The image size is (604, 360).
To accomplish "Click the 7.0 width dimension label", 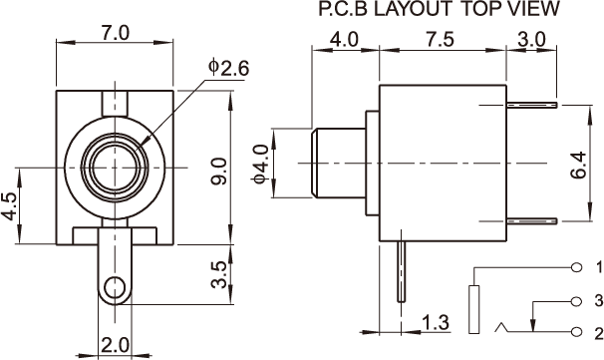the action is (x=116, y=33).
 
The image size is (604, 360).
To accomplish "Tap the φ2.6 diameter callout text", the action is (x=229, y=68).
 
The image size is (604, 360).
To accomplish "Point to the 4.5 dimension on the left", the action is (x=11, y=206).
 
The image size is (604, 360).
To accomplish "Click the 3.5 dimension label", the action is (x=218, y=275).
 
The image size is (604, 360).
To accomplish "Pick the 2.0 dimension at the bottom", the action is (x=115, y=345).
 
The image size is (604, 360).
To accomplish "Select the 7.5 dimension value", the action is (x=441, y=40).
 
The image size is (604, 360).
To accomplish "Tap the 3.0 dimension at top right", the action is (x=531, y=40).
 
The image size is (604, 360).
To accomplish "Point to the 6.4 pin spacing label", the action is (x=578, y=165).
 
